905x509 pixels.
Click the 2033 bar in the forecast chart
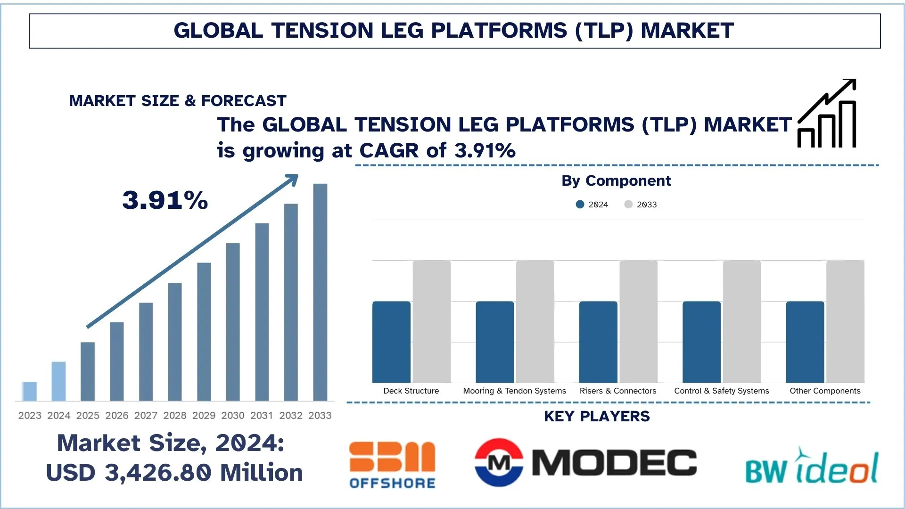click(x=320, y=292)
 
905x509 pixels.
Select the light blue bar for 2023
click(x=29, y=391)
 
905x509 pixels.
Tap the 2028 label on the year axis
click(x=175, y=416)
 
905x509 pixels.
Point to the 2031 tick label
click(x=262, y=416)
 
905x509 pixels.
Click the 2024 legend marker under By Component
click(x=580, y=205)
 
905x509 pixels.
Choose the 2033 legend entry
click(x=641, y=205)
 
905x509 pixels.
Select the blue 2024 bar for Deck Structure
click(x=391, y=342)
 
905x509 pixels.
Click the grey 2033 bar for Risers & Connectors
click(x=638, y=321)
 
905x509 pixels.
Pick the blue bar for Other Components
click(x=805, y=342)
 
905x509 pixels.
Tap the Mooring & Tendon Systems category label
click(x=514, y=391)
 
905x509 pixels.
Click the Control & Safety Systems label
click(x=721, y=391)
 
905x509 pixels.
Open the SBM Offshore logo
click(x=392, y=465)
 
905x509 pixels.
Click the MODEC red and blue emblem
click(x=499, y=462)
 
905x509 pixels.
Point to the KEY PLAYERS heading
click(x=597, y=417)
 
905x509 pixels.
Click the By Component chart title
click(x=616, y=181)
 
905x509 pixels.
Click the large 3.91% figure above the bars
click(x=165, y=200)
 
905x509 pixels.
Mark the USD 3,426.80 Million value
click(x=174, y=473)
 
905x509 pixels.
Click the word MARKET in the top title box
click(x=687, y=31)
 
